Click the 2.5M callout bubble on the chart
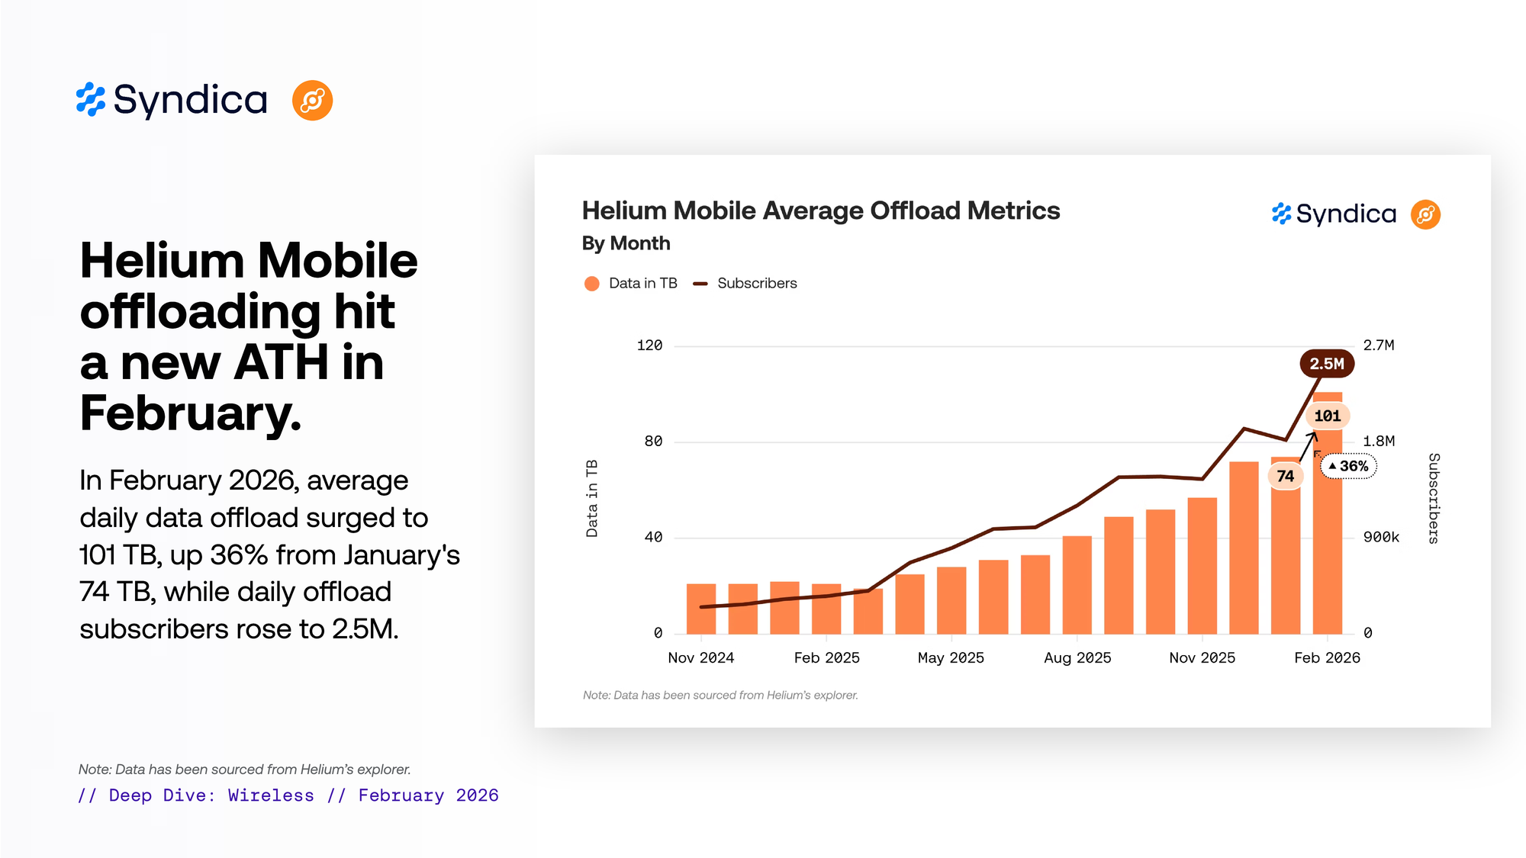coord(1327,364)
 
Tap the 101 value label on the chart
coord(1327,416)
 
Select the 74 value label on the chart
coord(1285,476)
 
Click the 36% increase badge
coord(1348,466)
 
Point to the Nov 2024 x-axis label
coord(700,657)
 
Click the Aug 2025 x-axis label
coord(1077,657)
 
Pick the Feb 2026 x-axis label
coord(1327,657)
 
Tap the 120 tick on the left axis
coord(649,345)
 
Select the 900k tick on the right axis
coord(1381,537)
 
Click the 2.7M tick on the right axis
coord(1378,345)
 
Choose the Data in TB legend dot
coord(591,284)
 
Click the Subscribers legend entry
coord(756,284)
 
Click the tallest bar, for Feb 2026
coord(1327,534)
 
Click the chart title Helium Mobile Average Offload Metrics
coord(820,210)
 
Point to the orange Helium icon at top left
coord(312,101)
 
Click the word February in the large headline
coord(191,413)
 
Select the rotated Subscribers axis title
coord(1434,498)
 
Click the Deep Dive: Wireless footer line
coord(288,795)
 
